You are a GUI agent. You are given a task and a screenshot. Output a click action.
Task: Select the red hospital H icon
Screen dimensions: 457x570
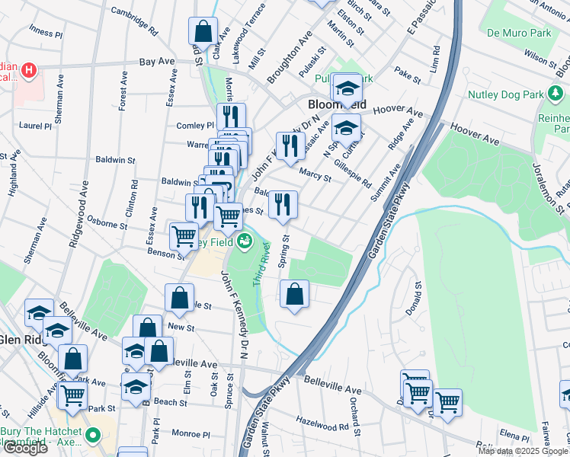click(29, 71)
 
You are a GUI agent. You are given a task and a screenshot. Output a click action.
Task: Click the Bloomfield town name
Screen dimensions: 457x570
click(337, 104)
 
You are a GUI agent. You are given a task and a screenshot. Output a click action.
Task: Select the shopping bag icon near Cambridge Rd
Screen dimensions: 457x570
click(203, 33)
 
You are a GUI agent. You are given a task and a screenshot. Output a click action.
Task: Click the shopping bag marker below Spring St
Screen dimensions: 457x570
click(294, 294)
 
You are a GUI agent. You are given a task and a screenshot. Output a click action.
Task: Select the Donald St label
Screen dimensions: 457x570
click(417, 299)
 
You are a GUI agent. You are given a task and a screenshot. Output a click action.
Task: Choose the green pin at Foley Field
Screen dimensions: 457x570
click(245, 242)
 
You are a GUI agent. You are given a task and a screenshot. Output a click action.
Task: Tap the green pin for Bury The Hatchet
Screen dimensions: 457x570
click(93, 436)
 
